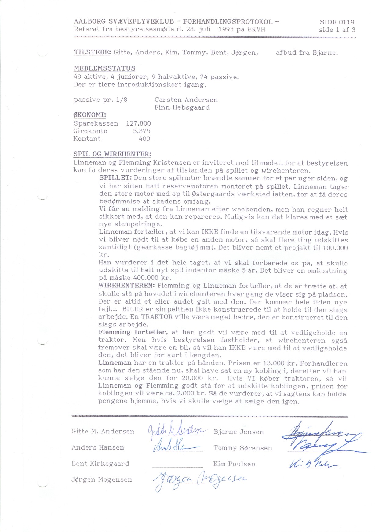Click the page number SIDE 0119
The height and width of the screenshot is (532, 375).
tap(337, 22)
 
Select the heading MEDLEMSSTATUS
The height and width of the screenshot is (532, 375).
tap(104, 68)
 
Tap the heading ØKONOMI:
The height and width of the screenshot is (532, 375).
tap(89, 115)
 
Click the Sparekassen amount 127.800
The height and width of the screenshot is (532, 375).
tap(138, 123)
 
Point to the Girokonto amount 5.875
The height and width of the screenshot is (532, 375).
tap(141, 131)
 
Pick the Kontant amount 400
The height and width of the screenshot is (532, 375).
tap(144, 139)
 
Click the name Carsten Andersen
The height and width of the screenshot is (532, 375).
tap(186, 100)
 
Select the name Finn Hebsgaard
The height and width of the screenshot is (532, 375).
tap(182, 107)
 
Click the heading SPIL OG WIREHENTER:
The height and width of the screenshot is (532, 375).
tap(112, 154)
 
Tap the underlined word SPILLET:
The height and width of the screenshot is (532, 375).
tap(115, 178)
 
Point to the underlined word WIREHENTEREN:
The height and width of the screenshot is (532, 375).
tap(127, 286)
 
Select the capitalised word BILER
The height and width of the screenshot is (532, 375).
tap(133, 309)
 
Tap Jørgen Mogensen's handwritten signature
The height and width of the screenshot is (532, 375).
tap(198, 480)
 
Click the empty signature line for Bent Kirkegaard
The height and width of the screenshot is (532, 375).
tap(177, 466)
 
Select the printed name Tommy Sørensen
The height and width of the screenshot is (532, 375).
tap(243, 448)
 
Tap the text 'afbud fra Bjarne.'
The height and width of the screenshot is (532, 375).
tap(307, 53)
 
